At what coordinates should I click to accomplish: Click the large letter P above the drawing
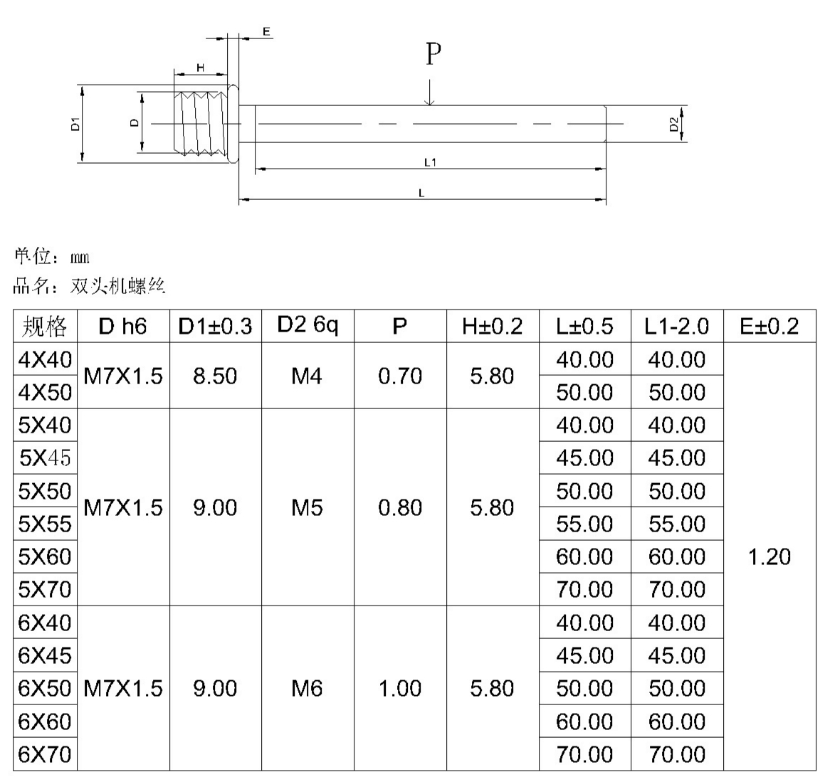(434, 53)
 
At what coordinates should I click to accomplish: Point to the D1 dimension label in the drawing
(75, 124)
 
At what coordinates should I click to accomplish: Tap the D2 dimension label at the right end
(674, 125)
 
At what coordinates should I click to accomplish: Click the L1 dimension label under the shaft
(431, 162)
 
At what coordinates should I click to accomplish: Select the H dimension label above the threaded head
(200, 67)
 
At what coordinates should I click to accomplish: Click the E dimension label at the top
(266, 32)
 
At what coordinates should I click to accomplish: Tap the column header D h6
(122, 327)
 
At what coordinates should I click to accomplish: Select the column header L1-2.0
(676, 327)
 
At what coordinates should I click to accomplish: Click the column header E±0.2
(769, 327)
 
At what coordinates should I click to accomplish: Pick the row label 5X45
(45, 458)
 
